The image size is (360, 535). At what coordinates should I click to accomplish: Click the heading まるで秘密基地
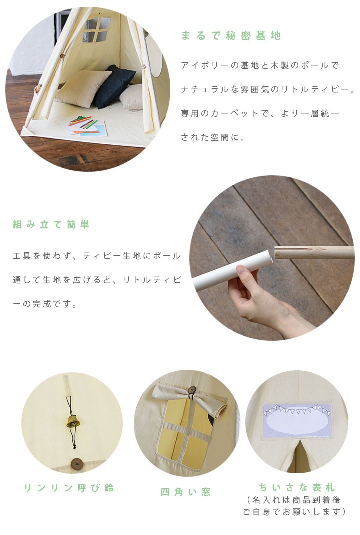coord(231,36)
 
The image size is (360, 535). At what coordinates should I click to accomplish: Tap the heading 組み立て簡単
coord(51,224)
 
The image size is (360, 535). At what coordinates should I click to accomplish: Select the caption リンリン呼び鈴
coord(69,488)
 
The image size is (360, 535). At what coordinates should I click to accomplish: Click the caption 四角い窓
coord(186,492)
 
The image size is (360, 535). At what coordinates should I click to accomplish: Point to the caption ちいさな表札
coord(297,487)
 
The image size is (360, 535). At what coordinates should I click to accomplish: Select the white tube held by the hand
coord(233,269)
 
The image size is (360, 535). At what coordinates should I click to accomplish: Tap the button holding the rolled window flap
coord(192,390)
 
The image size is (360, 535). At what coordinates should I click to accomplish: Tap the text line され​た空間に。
coord(213,137)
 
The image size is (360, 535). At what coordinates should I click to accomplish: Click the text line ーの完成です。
coord(45,303)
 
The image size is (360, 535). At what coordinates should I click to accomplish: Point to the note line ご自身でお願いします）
coord(294,512)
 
